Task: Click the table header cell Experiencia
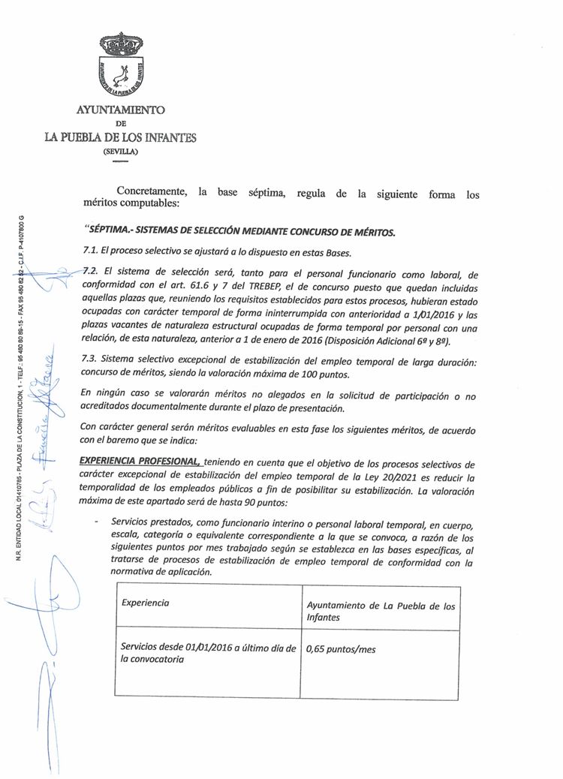[145, 603]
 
